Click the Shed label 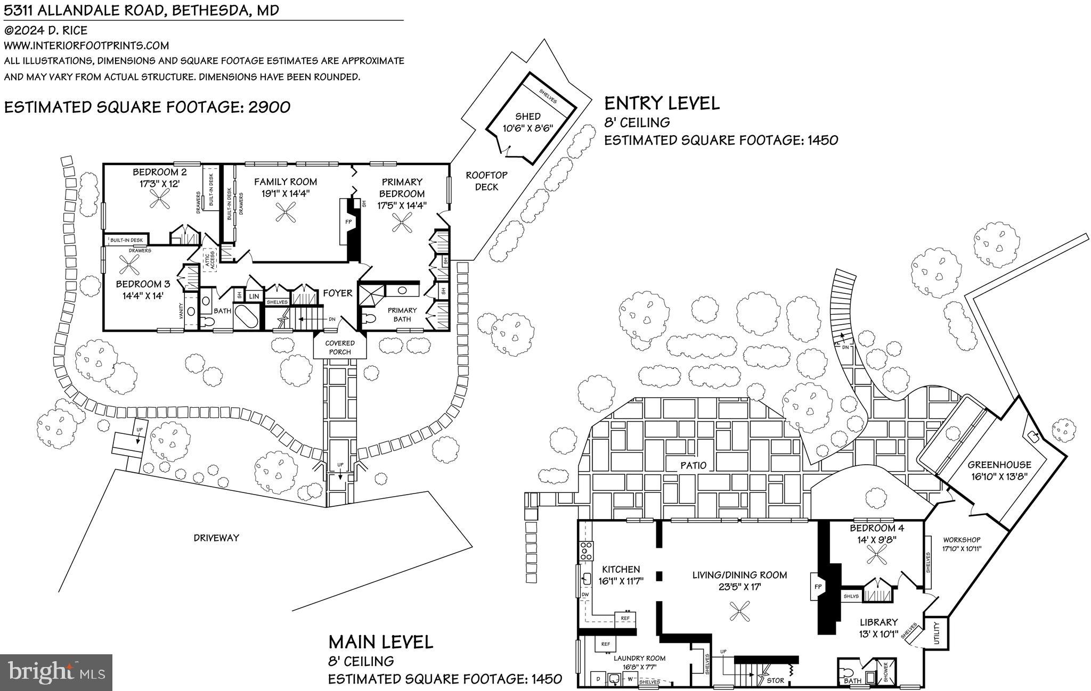(527, 117)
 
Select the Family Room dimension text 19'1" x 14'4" (285, 194)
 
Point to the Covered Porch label (340, 348)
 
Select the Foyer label (337, 293)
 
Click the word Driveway (216, 538)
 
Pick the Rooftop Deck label (486, 181)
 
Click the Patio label (693, 465)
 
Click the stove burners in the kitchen (587, 550)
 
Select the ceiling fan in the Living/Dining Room (739, 611)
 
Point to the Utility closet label (937, 633)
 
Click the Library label (878, 622)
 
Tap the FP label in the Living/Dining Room (818, 587)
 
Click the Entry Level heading (662, 103)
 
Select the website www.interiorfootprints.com (86, 45)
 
